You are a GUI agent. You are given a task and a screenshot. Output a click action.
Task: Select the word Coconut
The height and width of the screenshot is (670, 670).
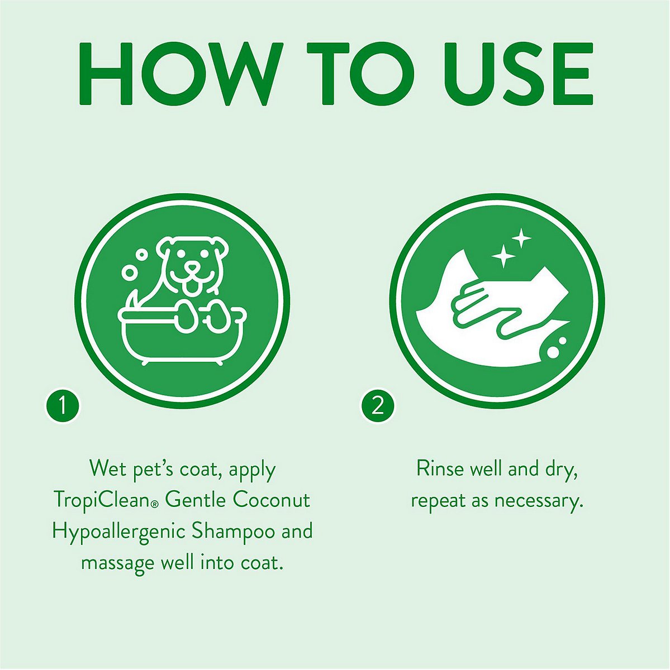point(271,499)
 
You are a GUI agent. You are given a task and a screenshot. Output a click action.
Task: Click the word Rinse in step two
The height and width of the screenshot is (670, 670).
point(440,468)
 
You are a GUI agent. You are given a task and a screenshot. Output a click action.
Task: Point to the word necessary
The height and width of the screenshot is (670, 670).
point(538,500)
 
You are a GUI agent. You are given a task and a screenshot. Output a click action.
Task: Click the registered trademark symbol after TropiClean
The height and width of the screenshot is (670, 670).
point(155,504)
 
